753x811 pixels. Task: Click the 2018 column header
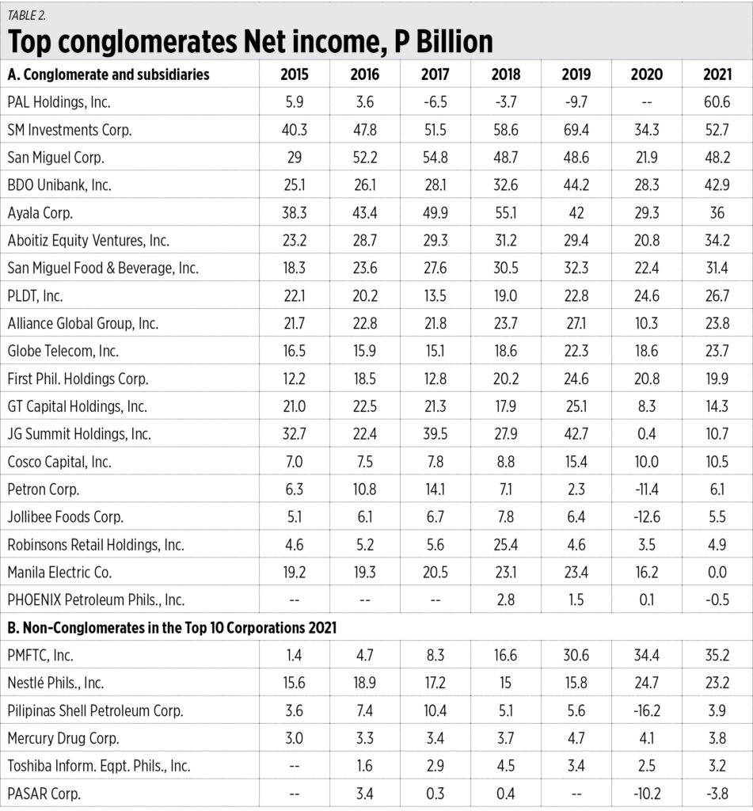tap(506, 75)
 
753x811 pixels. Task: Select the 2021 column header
tap(717, 75)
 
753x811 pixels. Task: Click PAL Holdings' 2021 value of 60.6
tap(717, 101)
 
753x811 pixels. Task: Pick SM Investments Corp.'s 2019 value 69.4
tap(576, 129)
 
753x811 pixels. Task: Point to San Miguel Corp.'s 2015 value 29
tap(295, 157)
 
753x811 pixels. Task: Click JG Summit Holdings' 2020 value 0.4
tap(646, 433)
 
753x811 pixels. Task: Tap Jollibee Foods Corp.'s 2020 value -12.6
tap(646, 516)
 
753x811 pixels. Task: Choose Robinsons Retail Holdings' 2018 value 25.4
tap(506, 544)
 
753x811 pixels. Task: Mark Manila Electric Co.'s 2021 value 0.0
tap(717, 572)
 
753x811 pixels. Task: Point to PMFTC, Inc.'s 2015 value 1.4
tap(295, 655)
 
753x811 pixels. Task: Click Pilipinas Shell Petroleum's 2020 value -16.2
tap(646, 710)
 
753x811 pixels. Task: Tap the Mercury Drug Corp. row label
tap(63, 738)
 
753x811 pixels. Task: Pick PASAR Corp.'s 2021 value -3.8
tap(717, 793)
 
